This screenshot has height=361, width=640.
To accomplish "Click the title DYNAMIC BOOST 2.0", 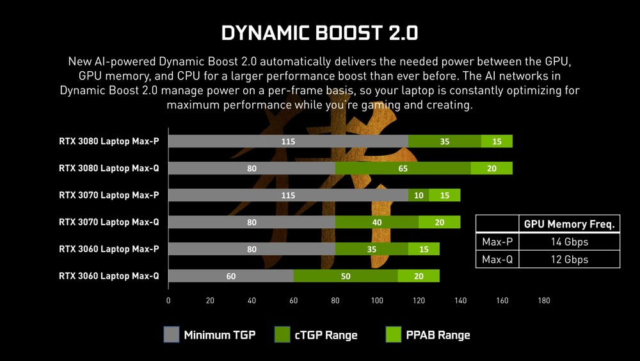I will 319,33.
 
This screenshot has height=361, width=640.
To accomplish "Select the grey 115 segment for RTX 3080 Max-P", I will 288,142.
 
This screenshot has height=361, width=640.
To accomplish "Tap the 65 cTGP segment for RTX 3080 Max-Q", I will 403,169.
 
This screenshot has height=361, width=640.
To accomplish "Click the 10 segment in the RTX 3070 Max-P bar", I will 419,196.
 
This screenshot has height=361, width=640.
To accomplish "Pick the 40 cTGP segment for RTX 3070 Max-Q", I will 377,222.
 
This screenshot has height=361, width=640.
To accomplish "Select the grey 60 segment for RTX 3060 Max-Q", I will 231,276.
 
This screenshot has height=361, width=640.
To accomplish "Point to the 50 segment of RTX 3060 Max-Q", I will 346,276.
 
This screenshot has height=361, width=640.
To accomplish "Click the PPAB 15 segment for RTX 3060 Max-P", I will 424,249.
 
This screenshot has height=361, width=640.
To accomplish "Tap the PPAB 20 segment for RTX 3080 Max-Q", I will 492,169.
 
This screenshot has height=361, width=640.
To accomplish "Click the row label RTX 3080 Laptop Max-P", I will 109,142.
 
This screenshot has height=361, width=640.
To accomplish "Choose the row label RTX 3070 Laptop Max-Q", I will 109,222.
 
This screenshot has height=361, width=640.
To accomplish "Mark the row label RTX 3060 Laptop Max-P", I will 109,249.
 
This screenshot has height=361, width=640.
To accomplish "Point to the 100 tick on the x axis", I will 377,301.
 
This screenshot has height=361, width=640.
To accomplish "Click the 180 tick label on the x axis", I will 544,301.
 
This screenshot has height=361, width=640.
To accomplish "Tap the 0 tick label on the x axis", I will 168,301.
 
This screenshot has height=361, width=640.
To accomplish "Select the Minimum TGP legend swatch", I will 171,335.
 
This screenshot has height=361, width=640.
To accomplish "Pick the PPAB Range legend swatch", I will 394,335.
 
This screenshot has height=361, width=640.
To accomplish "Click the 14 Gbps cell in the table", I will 570,242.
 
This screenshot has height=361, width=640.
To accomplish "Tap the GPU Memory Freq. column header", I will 570,224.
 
